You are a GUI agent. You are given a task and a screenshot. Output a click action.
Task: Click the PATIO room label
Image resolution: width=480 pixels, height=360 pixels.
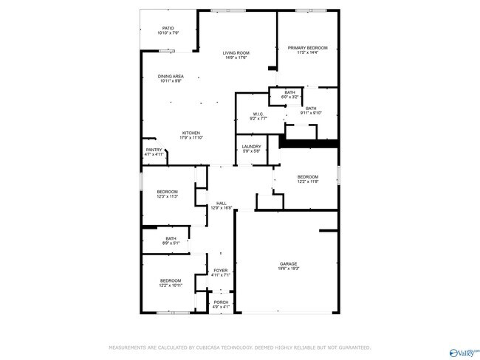[168, 29]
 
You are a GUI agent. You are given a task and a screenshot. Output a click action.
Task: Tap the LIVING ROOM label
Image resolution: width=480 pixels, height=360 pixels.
[237, 52]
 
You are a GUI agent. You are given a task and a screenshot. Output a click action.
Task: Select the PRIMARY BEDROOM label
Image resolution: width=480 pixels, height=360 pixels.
[307, 48]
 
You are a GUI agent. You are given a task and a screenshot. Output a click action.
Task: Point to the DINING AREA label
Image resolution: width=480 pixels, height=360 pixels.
[171, 76]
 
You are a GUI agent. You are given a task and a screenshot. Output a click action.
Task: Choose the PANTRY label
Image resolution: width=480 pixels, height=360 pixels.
[154, 150]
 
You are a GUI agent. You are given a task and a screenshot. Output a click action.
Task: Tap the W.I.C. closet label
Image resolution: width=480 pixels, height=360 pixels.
[258, 114]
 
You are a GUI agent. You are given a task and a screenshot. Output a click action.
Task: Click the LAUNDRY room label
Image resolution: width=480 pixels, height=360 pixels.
[251, 146]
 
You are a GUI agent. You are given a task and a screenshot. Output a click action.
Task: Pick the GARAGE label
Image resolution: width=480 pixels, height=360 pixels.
[288, 263]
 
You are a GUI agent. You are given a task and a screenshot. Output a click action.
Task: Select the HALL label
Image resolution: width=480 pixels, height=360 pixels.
[221, 204]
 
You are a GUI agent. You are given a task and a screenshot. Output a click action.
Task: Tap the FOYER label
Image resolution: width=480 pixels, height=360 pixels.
[221, 271]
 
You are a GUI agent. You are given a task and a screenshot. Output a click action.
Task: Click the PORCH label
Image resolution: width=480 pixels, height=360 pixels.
[221, 302]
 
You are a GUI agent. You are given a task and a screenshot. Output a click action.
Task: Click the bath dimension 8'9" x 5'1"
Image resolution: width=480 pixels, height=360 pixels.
[171, 243]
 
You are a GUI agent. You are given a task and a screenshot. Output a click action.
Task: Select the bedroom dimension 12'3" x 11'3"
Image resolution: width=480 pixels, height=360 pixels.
[167, 197]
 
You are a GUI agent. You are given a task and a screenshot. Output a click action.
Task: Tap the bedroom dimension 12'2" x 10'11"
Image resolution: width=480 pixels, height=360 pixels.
[171, 285]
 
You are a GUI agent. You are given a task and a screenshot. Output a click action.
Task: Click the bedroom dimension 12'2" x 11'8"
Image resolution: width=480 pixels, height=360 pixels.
[307, 181]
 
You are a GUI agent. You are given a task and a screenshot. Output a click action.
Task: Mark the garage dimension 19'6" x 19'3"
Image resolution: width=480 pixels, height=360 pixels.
[288, 269]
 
